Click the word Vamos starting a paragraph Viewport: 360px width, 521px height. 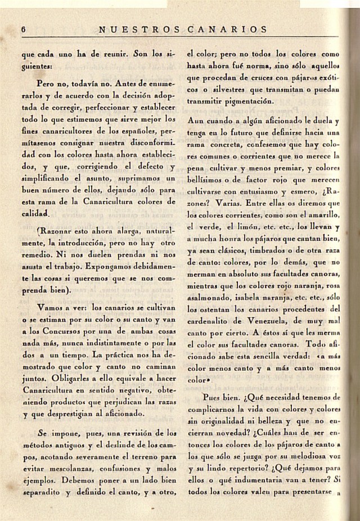51,308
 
